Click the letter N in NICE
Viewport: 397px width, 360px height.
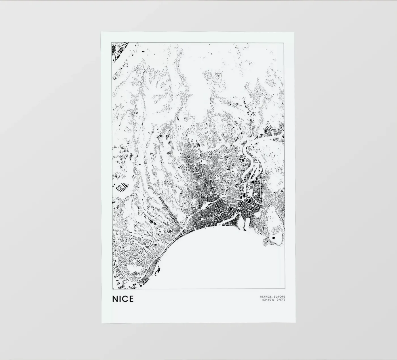click(115, 299)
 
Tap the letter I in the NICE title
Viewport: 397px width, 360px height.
click(120, 299)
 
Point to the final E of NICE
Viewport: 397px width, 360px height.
click(131, 299)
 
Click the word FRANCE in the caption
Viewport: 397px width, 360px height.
click(265, 297)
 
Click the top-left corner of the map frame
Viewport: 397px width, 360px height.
click(112, 43)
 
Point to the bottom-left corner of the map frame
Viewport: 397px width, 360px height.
click(112, 289)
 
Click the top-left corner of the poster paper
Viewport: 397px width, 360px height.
click(101, 32)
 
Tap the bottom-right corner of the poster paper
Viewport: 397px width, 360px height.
click(295, 323)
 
